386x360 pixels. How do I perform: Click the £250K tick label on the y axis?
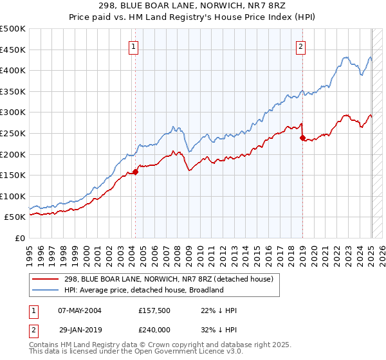pos(13,133)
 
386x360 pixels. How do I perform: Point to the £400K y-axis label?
pos(13,70)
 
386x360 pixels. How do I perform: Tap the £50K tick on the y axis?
pos(15,217)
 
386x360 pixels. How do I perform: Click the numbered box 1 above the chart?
pos(133,46)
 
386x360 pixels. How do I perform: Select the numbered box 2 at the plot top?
pos(300,46)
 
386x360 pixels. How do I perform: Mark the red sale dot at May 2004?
pos(136,172)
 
